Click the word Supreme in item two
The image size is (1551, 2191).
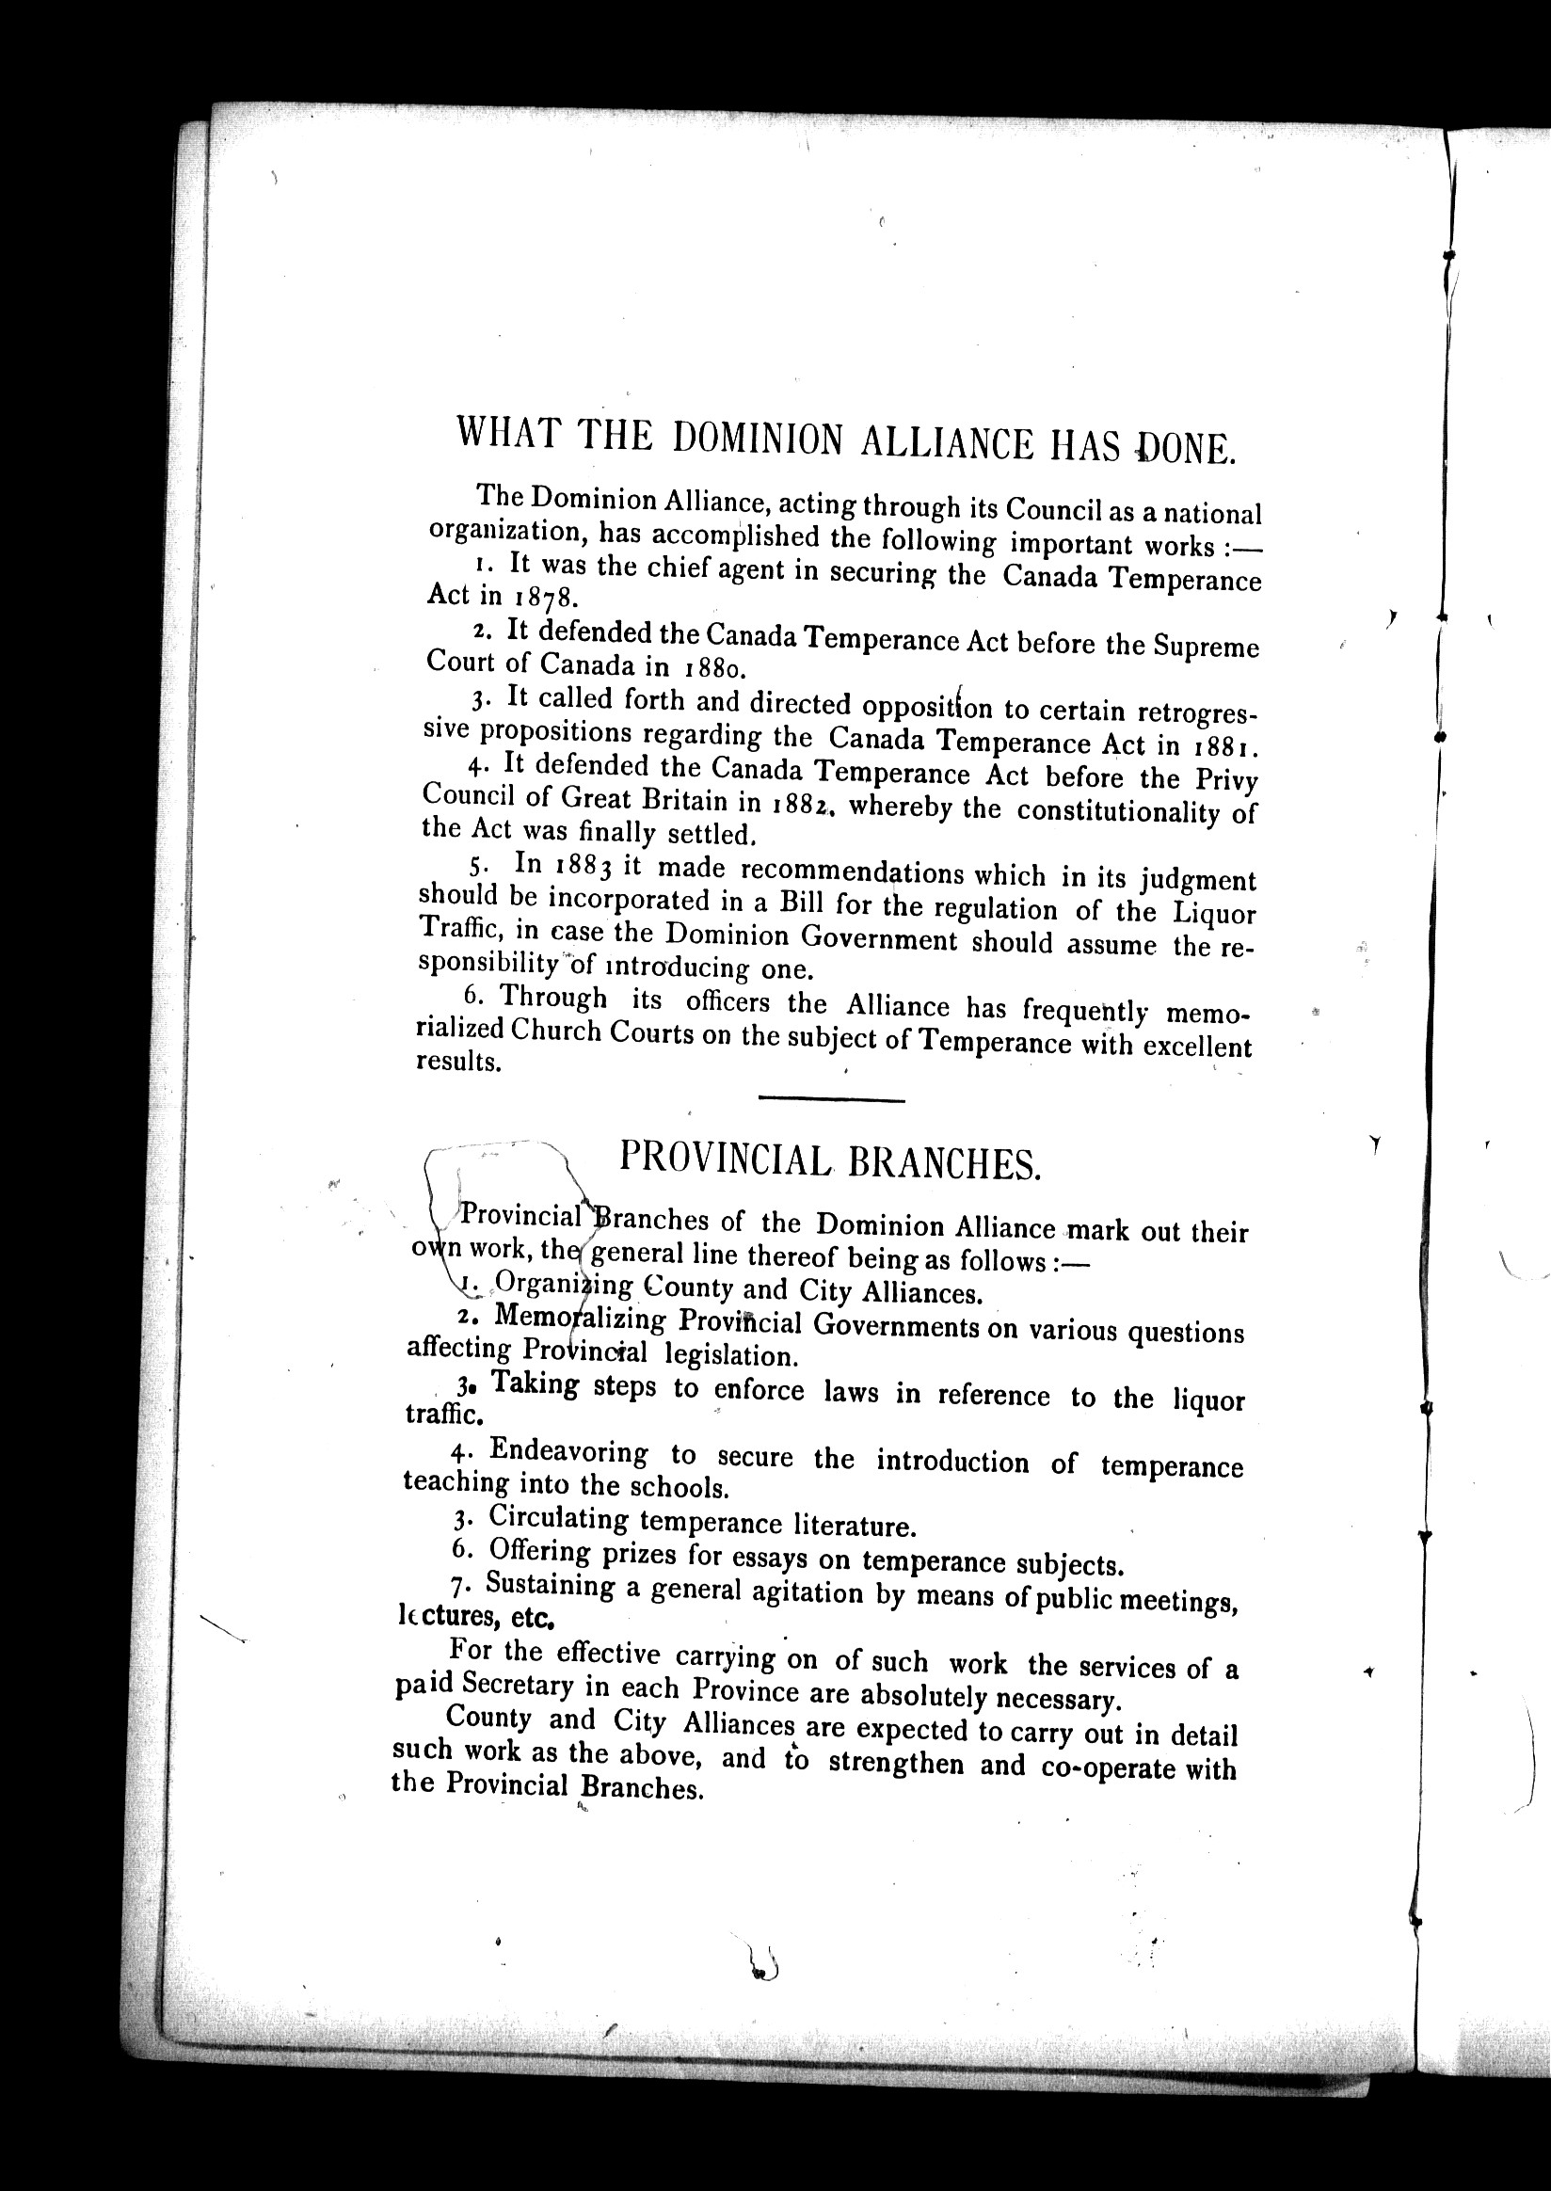click(x=1207, y=648)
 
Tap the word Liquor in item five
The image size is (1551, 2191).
click(x=1214, y=913)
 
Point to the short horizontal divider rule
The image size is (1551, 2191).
click(x=831, y=1101)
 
